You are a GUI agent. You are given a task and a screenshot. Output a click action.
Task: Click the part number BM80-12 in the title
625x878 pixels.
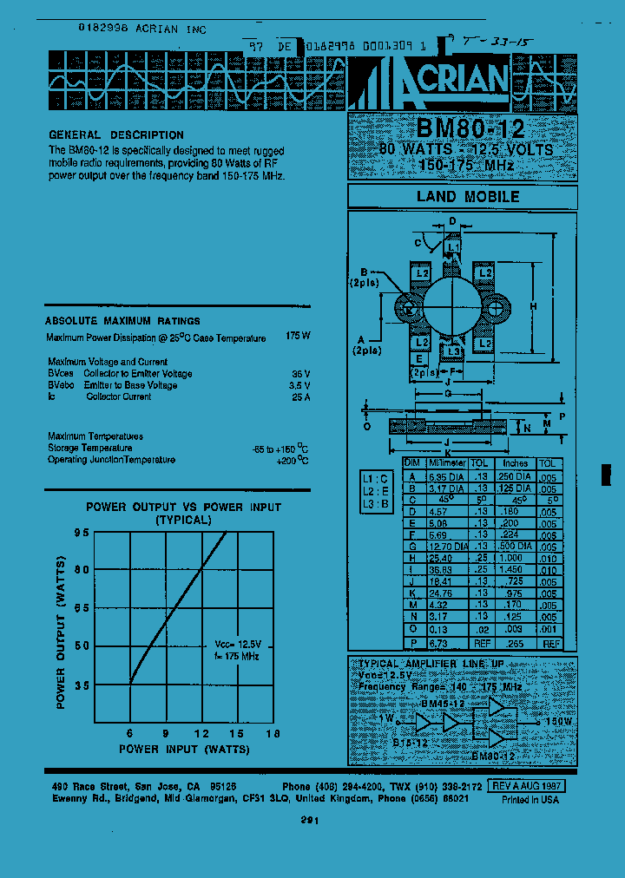point(470,128)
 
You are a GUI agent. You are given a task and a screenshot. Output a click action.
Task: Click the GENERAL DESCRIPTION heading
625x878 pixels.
point(116,135)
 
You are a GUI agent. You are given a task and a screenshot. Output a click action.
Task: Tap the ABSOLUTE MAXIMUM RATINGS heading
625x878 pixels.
point(122,321)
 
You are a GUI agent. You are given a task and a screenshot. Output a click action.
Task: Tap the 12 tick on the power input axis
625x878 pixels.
point(203,732)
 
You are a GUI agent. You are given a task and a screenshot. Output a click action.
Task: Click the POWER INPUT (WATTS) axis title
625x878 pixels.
point(183,750)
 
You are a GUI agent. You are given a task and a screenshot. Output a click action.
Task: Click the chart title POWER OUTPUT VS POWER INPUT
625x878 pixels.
point(183,508)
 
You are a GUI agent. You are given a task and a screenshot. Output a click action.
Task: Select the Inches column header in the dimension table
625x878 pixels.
point(515,464)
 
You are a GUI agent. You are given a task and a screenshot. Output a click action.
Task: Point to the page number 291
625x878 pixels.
point(311,820)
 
